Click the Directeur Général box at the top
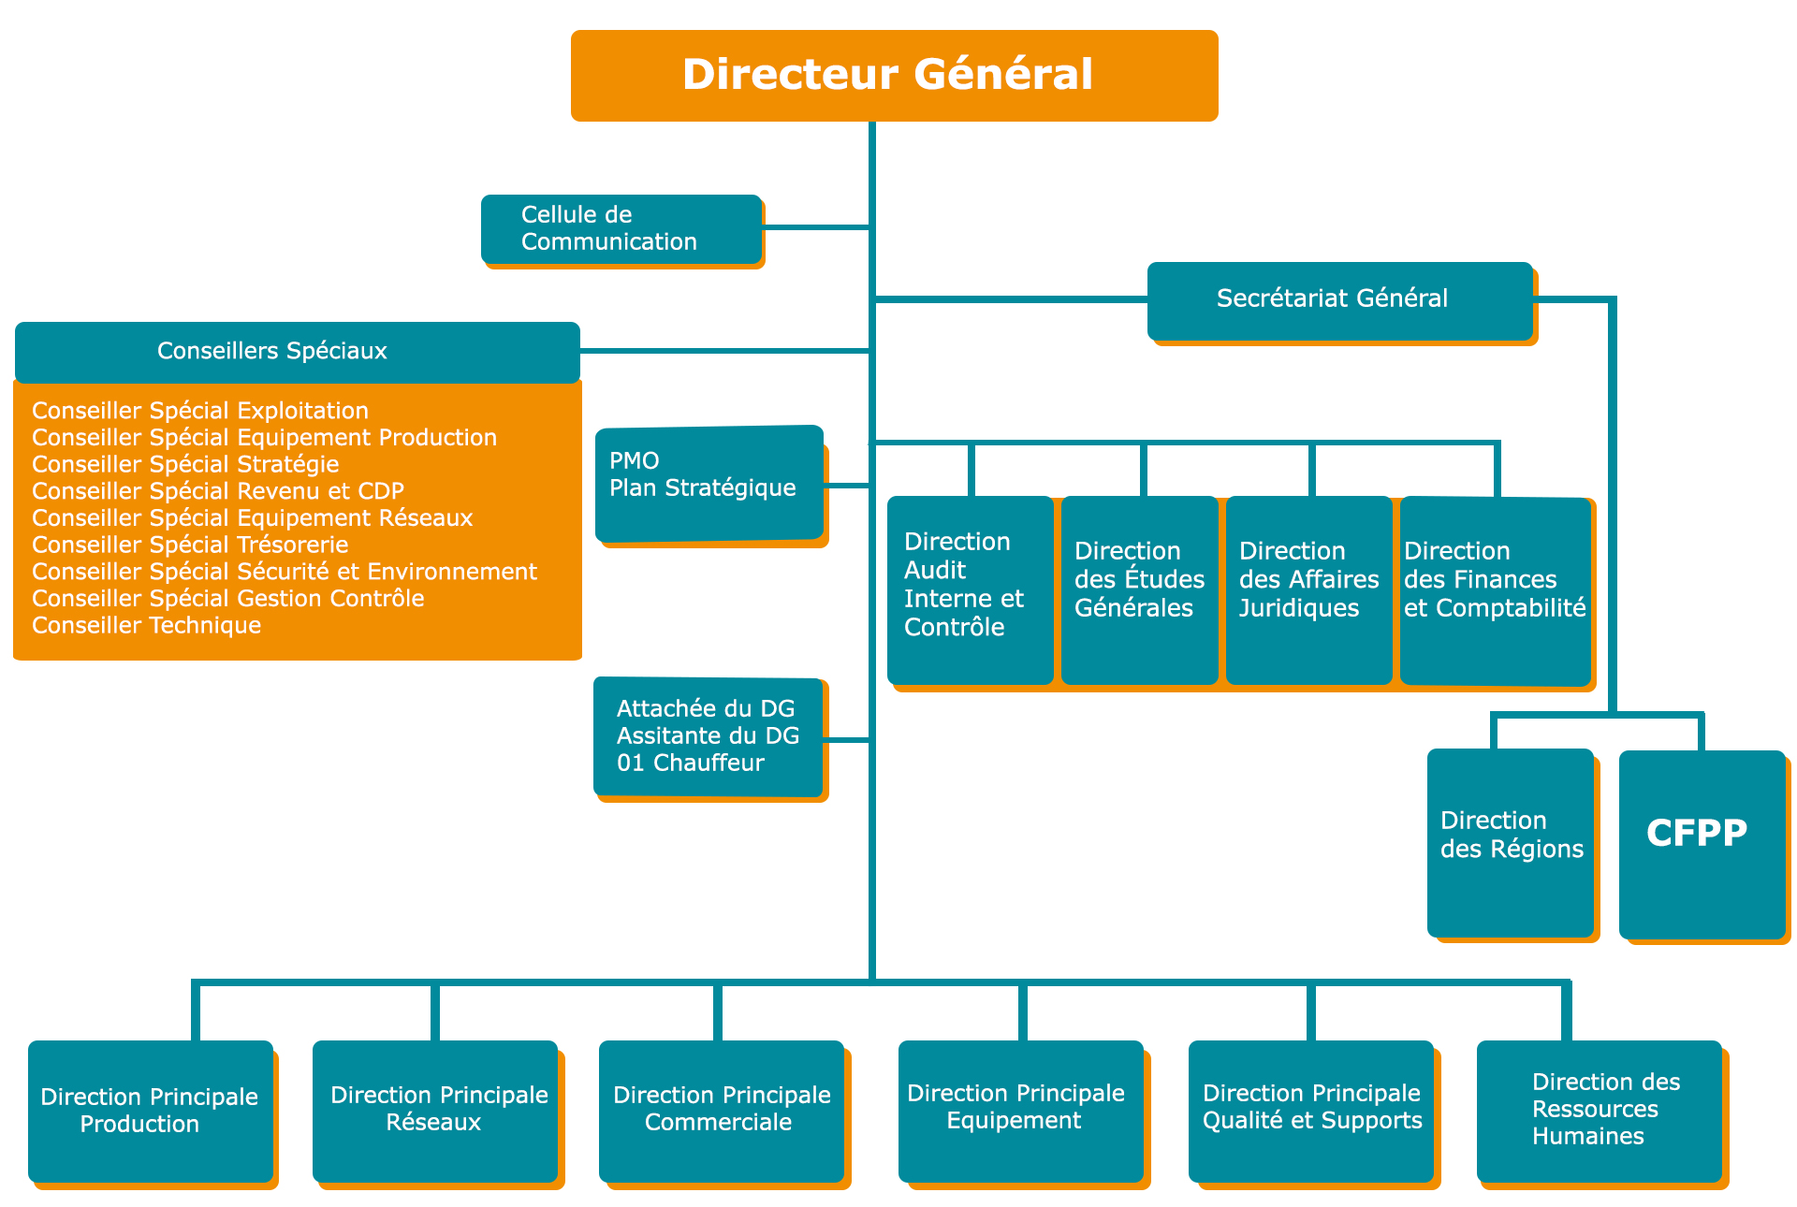[x=894, y=75]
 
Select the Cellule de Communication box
[x=621, y=229]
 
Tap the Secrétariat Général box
[x=1339, y=299]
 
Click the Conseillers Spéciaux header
[x=298, y=351]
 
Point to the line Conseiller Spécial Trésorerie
[x=190, y=545]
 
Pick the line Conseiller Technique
[x=146, y=625]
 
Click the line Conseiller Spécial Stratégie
[x=185, y=464]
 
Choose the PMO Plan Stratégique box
[x=709, y=483]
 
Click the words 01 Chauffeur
[x=691, y=763]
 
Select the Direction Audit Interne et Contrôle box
[x=970, y=589]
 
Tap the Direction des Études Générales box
[x=1139, y=589]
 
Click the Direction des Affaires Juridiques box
[x=1308, y=589]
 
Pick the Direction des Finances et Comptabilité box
[x=1495, y=589]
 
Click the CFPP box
[x=1702, y=842]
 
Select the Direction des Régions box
[x=1511, y=842]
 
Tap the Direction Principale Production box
[x=150, y=1111]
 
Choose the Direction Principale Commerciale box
[x=721, y=1111]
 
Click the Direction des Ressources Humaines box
[x=1599, y=1111]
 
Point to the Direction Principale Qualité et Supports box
[x=1310, y=1111]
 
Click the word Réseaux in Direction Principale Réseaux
[x=433, y=1123]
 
